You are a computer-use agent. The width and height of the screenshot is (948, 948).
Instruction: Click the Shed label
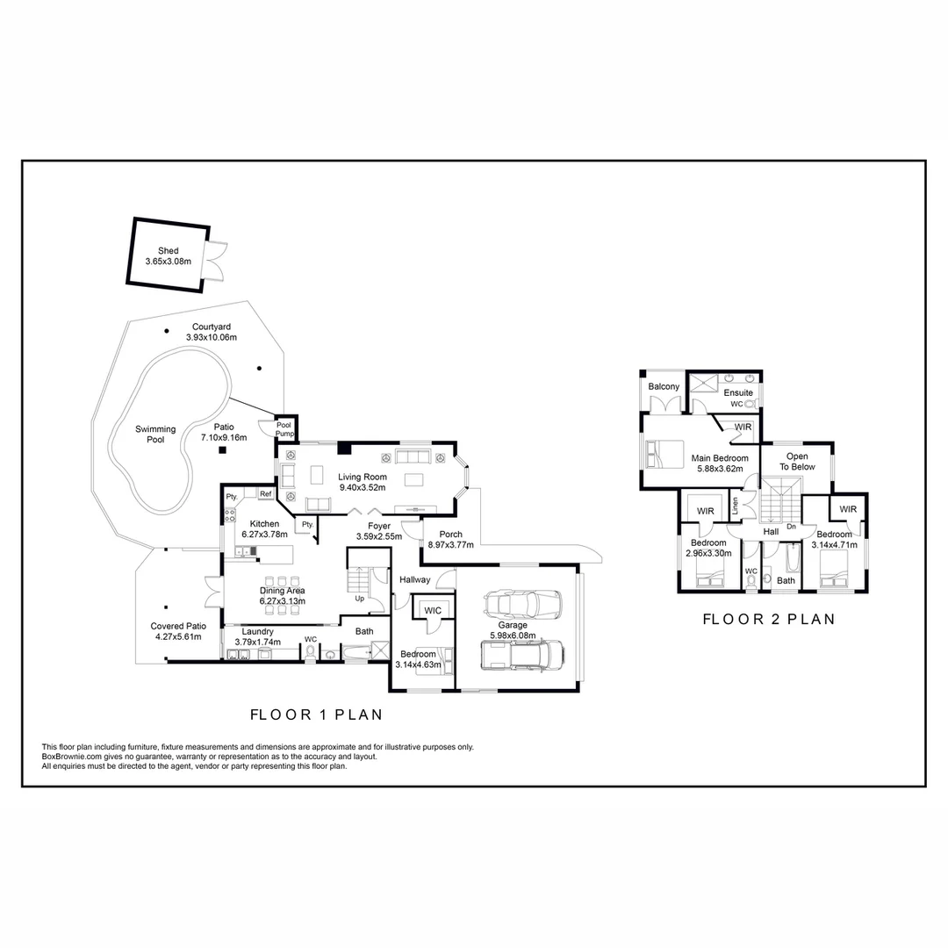pos(168,250)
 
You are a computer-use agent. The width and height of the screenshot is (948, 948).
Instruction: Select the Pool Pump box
pos(284,427)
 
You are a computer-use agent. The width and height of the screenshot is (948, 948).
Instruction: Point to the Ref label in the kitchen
pos(264,494)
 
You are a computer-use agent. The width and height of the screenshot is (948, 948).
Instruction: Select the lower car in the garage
pos(521,655)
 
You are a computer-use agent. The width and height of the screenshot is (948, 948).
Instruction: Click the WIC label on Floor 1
pos(432,609)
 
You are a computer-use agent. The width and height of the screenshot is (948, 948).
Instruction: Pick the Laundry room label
pos(258,631)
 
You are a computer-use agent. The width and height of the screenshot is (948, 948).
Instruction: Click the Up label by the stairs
pos(360,598)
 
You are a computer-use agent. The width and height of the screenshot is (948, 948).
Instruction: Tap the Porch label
pos(450,535)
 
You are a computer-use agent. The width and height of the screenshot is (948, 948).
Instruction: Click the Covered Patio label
pos(178,626)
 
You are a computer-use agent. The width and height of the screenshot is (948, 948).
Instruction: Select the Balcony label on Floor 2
pos(664,387)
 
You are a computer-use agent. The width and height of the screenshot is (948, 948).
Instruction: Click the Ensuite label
pos(738,392)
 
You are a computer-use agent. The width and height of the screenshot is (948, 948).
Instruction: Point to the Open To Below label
pos(797,462)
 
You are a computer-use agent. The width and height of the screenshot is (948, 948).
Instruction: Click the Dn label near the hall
pos(791,527)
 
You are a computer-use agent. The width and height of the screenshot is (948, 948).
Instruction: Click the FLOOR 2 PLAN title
pos(768,620)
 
